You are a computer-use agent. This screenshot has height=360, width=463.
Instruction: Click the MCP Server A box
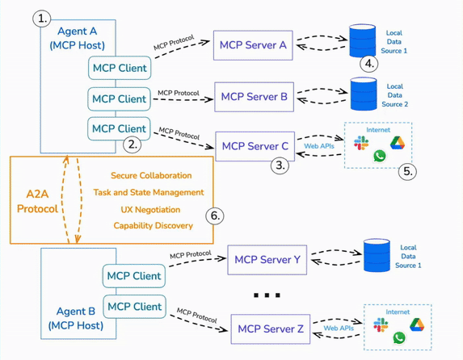coord(254,45)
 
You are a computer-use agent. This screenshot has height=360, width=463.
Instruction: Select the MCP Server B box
coord(254,96)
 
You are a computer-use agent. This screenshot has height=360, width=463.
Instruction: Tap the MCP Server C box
coord(255,146)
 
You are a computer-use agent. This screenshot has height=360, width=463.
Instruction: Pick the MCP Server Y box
coord(267,259)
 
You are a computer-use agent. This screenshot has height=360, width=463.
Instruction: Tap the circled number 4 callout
coord(369,63)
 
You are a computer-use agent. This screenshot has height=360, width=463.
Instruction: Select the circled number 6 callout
coord(214,216)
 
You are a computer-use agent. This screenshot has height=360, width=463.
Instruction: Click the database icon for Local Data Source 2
coord(362,93)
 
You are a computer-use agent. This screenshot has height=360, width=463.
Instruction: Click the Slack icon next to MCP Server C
coord(361,142)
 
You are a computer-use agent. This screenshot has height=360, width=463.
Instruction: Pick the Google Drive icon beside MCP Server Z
coord(416,324)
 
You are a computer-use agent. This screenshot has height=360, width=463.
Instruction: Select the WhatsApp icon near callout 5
coord(379,156)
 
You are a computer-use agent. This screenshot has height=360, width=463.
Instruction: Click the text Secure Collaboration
coord(152,175)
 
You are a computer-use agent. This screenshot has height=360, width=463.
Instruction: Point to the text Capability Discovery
coord(152,225)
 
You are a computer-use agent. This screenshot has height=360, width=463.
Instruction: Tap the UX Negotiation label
coord(152,208)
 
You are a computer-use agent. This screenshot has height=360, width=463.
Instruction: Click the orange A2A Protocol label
coord(37,200)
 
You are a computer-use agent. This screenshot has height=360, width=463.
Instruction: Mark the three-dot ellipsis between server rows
coord(267,295)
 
